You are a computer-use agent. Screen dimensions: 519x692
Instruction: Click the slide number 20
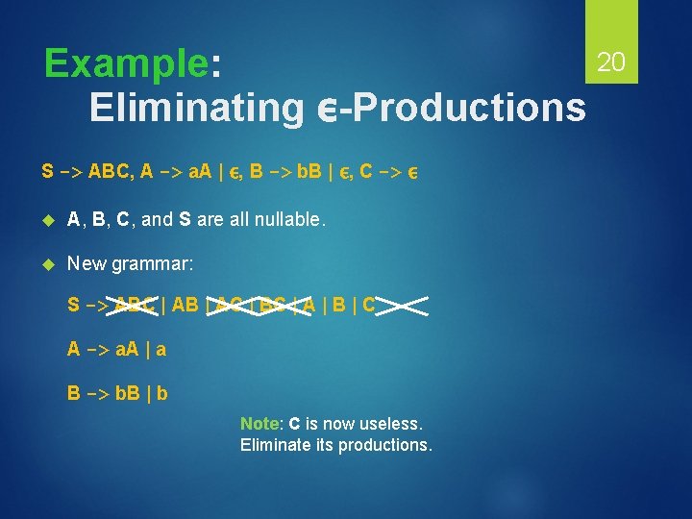(x=611, y=62)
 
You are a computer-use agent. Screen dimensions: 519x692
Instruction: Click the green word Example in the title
(x=126, y=63)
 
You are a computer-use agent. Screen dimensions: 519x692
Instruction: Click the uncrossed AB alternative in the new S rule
(x=185, y=306)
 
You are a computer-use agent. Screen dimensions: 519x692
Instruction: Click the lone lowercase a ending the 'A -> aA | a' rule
(x=161, y=349)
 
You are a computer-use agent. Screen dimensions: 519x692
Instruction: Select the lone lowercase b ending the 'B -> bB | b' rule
(x=162, y=392)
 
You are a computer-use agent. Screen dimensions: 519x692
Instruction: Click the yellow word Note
(x=259, y=424)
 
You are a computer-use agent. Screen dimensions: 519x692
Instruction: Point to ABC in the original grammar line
(x=107, y=173)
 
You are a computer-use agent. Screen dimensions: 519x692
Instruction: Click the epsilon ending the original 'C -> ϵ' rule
(x=411, y=174)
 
